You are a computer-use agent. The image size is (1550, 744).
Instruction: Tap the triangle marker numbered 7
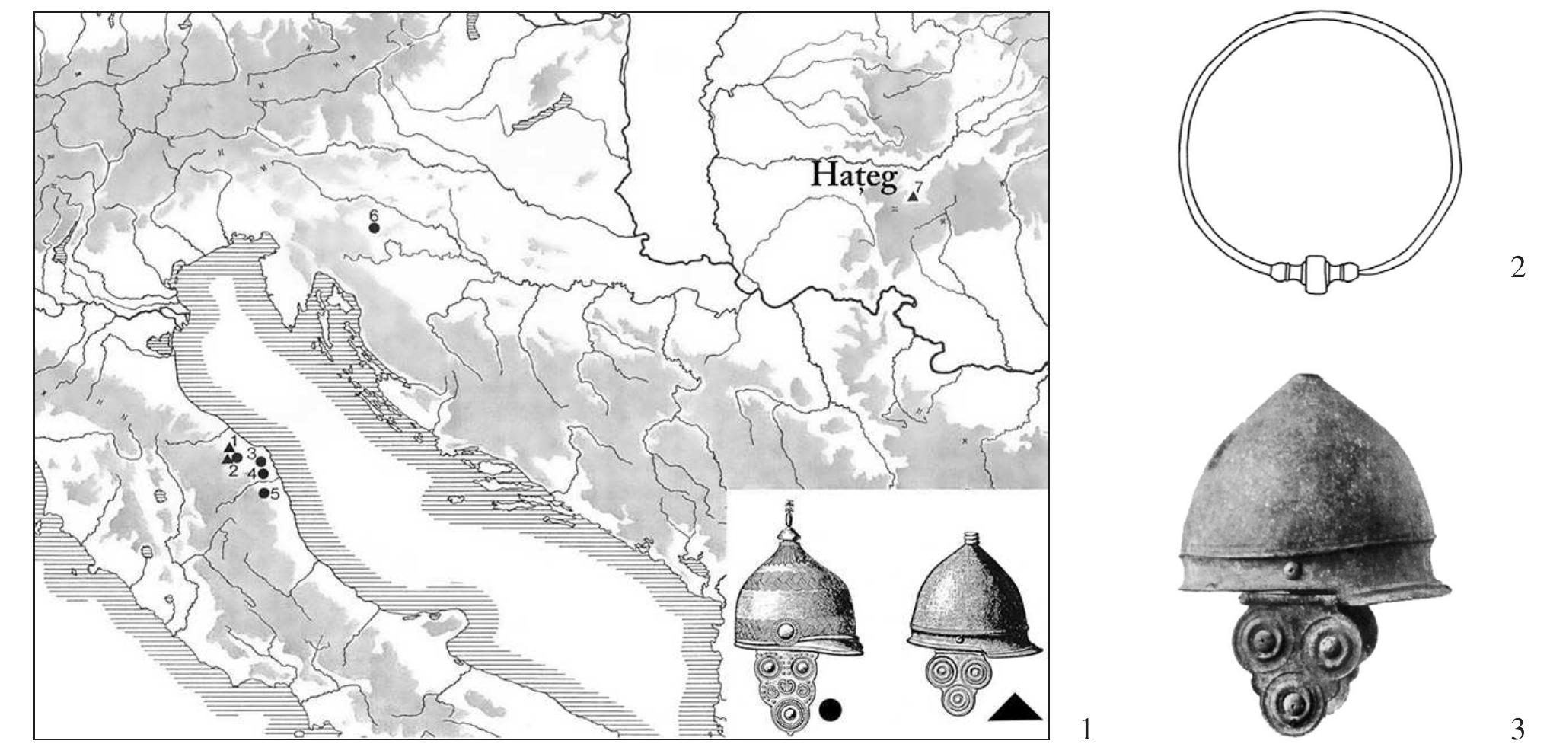pos(912,196)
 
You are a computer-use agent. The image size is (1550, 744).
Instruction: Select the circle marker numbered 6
pos(374,228)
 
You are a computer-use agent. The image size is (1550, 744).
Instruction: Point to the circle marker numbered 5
pos(264,493)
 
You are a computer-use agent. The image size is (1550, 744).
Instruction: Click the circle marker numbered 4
pos(263,474)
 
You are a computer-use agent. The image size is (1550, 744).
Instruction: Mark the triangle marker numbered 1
pos(228,445)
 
